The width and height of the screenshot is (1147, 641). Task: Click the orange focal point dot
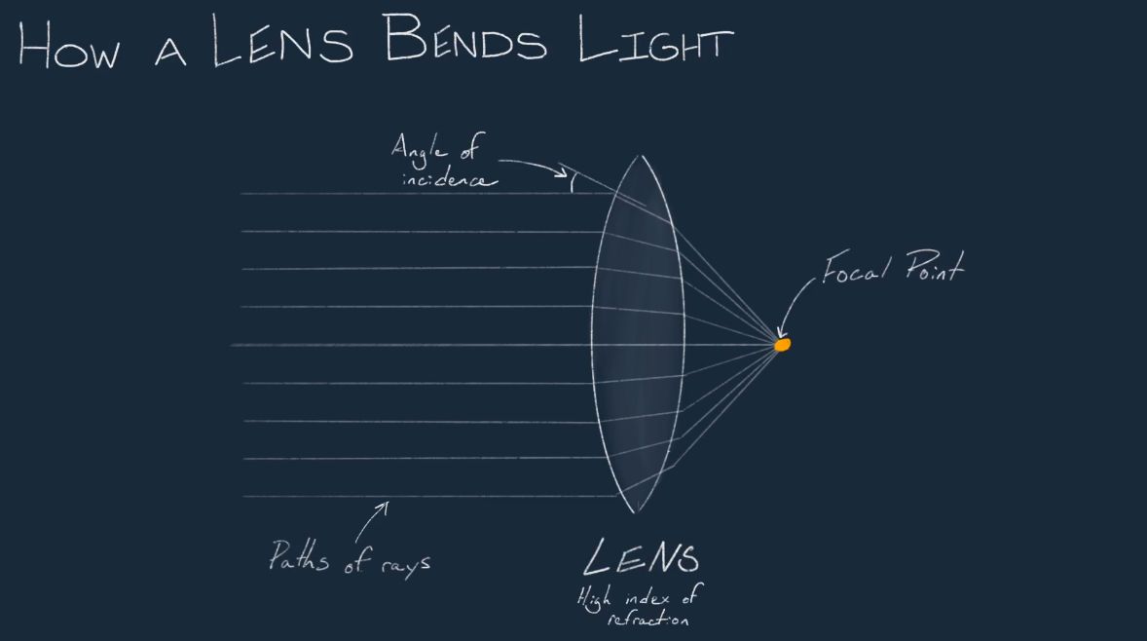(782, 344)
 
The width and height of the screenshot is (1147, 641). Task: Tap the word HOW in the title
(69, 46)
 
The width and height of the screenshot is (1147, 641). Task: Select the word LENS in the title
(282, 40)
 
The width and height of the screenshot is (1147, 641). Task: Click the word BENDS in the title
(464, 37)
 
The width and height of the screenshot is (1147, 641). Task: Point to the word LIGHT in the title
(655, 40)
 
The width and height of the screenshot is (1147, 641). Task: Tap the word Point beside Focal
(935, 266)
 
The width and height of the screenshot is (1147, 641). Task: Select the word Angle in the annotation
(419, 149)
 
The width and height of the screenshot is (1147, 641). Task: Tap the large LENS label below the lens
(641, 557)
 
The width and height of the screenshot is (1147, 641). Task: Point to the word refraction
(648, 619)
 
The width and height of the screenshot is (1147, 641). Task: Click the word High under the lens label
(593, 598)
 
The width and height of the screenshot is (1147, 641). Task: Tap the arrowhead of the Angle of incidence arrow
(562, 173)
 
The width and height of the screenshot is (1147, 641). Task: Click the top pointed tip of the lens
(640, 156)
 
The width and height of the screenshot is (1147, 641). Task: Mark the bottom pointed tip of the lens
(635, 511)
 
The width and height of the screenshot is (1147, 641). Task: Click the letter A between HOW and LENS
(170, 53)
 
